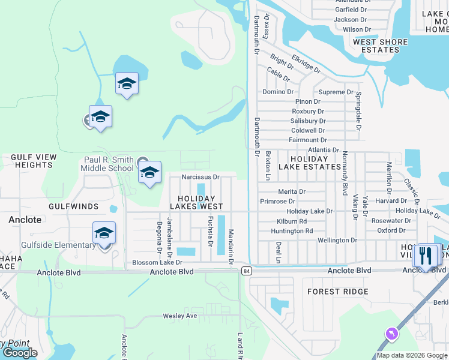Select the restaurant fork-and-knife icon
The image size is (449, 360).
[x=426, y=256]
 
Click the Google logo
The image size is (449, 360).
[x=20, y=353]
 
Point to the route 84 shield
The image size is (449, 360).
[x=246, y=271]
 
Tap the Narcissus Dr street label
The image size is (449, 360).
[x=201, y=178]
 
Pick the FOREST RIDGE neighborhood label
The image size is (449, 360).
[x=338, y=292]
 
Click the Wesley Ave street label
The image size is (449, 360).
[x=180, y=316]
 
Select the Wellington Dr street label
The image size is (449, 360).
[x=337, y=240]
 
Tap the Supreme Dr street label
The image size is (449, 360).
[x=336, y=92]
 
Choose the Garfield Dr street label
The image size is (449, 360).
[x=351, y=10]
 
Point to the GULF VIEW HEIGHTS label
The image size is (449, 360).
[x=34, y=161]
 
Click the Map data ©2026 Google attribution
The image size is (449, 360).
[x=411, y=355]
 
